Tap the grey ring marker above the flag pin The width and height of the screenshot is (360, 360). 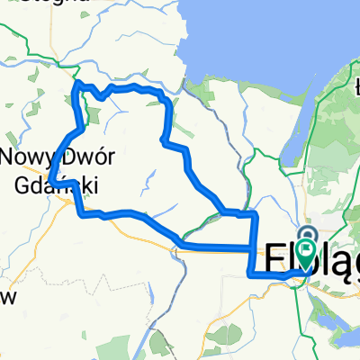click(309, 233)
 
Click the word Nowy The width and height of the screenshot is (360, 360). click(25, 157)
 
